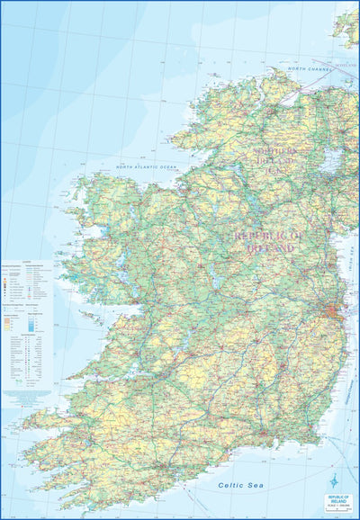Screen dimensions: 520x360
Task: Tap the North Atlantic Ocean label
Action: click(146, 166)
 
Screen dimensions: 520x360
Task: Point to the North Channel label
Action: click(310, 68)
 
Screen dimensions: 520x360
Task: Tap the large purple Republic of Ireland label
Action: click(264, 241)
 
